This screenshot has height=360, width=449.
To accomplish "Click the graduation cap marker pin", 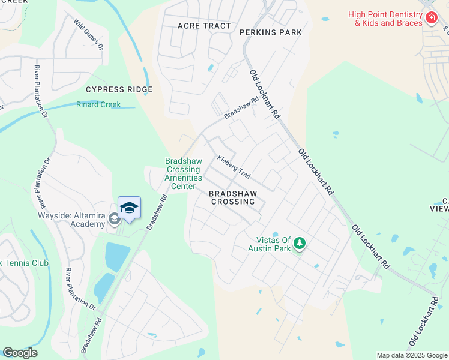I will point(129,208).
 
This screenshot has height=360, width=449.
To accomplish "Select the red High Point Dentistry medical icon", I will point(430,18).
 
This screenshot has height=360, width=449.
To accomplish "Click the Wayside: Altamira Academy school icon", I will point(114,220).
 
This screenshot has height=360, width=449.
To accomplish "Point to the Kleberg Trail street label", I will point(234,167).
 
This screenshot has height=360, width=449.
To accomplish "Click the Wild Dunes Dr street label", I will point(89,34).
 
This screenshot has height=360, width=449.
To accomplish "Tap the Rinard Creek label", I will point(98,104).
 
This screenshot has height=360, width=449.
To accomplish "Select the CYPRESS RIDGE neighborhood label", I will point(119,89).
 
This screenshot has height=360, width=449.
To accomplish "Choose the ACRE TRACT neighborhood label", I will point(204,26).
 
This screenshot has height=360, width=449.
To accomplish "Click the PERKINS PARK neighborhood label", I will point(270,32).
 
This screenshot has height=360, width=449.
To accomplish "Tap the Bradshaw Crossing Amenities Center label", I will point(183,173).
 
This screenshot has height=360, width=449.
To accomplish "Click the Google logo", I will point(20,353).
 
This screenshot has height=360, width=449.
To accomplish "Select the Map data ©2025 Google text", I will point(412,355).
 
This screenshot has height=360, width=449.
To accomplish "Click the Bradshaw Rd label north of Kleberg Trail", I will point(241,108).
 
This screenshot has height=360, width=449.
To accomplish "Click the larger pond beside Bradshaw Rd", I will point(118,257).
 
